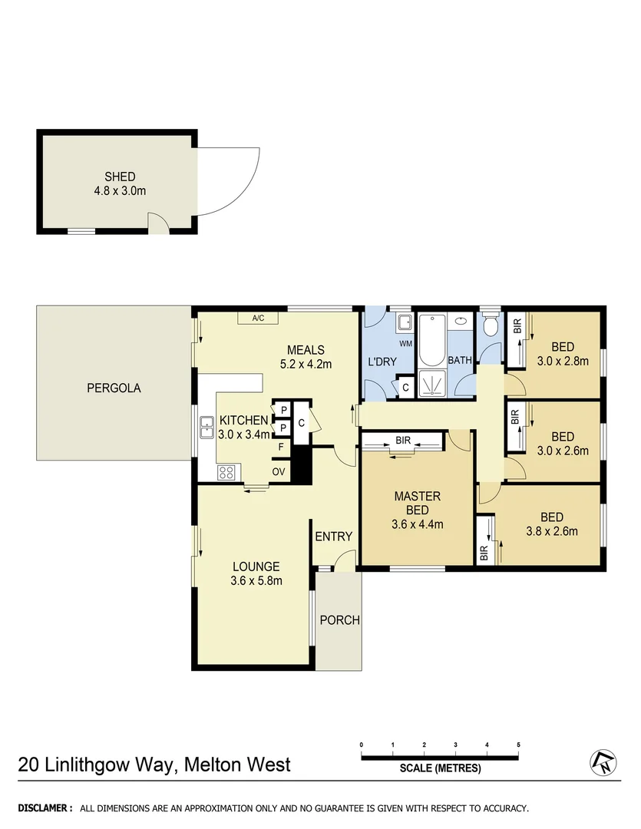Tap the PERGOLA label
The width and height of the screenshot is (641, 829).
click(113, 388)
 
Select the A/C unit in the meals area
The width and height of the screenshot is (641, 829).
click(257, 318)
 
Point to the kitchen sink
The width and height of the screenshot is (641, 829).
click(207, 427)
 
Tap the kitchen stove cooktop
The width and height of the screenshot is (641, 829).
click(226, 471)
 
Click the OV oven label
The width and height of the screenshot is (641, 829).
click(279, 471)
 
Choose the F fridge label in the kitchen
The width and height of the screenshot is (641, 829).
click(281, 447)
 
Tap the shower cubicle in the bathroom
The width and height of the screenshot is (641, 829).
click(431, 383)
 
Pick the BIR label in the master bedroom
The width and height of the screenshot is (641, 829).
click(402, 441)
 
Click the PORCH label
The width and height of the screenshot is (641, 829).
click(339, 620)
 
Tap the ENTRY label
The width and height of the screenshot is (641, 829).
click(333, 537)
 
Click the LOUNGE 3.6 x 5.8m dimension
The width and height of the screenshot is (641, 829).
click(256, 580)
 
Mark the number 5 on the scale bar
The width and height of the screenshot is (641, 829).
click(518, 745)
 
